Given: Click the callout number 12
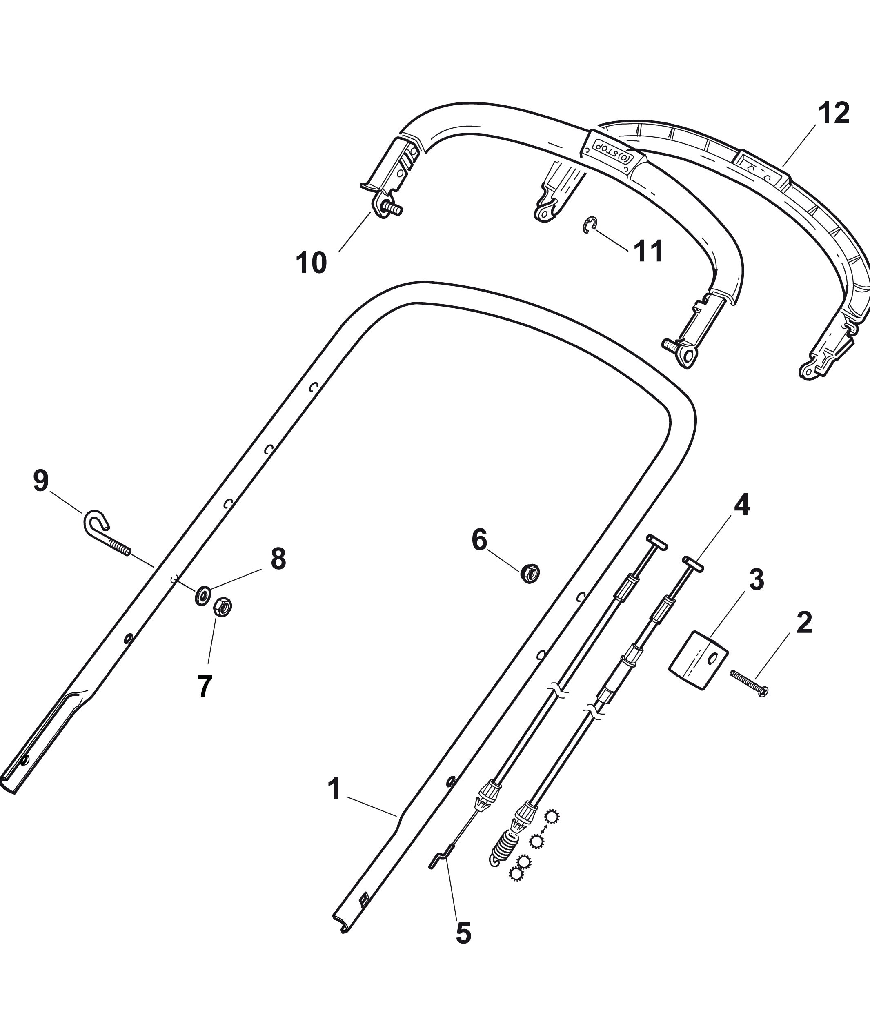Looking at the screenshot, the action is pos(834,114).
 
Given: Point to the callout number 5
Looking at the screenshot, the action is pos(463,933).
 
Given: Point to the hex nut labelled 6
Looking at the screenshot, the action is pos(530,573).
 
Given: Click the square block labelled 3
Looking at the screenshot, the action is pos(698,660).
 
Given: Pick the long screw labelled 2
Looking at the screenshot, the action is pos(749,683).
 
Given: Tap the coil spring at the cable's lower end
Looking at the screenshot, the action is pos(502,850).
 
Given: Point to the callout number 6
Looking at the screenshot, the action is pos(479,540).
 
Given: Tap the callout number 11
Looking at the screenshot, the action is pos(648,251).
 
